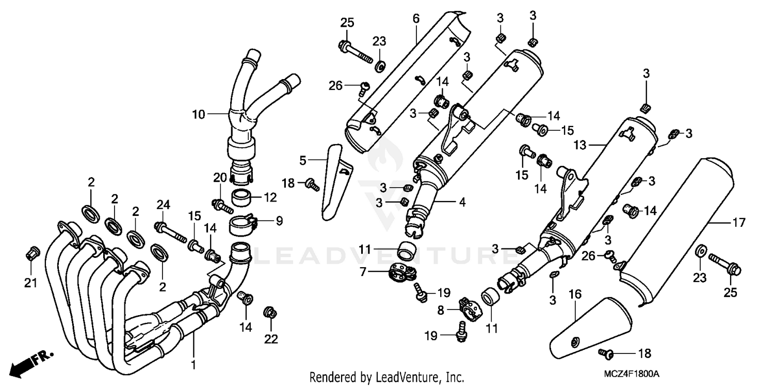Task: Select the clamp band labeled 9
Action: click(244, 224)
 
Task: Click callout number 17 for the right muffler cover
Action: click(739, 223)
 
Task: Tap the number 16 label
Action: click(575, 295)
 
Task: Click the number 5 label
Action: click(303, 160)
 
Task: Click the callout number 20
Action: click(220, 178)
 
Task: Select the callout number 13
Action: click(579, 146)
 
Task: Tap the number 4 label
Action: click(462, 203)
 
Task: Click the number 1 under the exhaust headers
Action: click(193, 365)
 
